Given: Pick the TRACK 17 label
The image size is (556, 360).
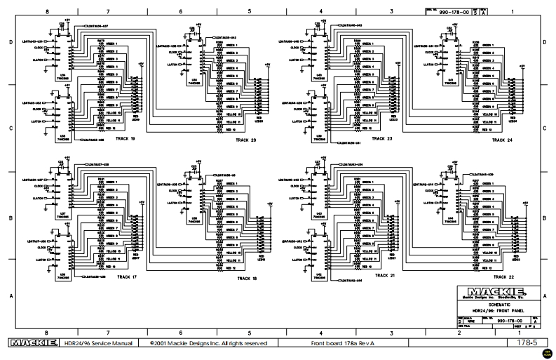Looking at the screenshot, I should pos(127,277).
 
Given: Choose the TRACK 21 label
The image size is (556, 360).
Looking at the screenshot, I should pos(386,276).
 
